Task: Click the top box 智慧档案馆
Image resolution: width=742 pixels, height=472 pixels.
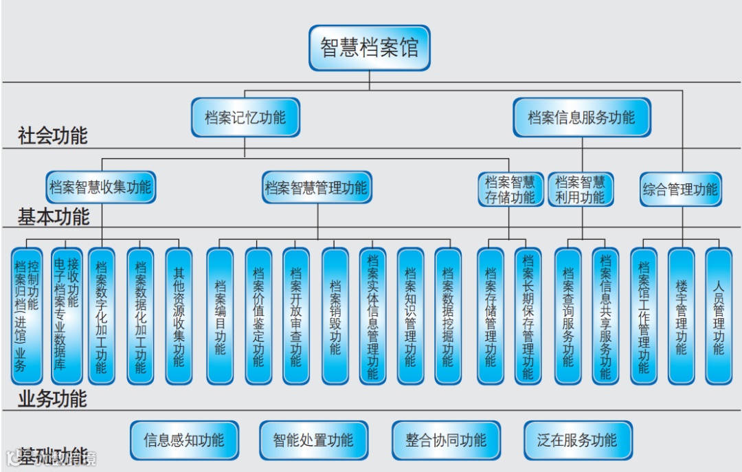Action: (369, 48)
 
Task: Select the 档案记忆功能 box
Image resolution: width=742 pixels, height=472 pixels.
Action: (245, 117)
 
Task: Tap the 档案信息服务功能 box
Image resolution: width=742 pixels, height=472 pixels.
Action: (581, 117)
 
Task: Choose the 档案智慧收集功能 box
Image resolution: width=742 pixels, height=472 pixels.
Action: (101, 187)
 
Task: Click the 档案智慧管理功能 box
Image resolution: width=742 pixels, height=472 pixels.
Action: (317, 187)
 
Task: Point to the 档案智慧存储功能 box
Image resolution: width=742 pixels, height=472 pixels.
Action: (510, 190)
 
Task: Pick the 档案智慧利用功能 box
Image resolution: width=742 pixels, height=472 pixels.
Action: (581, 190)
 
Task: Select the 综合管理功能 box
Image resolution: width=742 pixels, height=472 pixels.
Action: (681, 190)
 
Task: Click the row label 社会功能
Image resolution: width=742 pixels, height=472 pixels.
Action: (53, 136)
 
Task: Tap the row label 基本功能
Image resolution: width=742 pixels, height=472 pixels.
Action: (54, 217)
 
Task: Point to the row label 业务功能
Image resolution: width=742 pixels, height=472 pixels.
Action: (53, 398)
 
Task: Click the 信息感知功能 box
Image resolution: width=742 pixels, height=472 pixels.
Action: (184, 440)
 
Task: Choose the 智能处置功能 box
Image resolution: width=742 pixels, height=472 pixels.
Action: (313, 440)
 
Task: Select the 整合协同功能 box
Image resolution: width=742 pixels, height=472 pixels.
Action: (446, 440)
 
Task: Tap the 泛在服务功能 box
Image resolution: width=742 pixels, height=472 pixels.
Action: (577, 440)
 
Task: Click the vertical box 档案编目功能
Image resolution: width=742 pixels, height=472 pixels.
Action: (220, 316)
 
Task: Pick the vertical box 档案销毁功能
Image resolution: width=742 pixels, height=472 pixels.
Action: (335, 316)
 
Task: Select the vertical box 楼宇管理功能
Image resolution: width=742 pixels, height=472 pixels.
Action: (681, 316)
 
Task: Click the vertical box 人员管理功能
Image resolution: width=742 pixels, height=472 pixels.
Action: (718, 316)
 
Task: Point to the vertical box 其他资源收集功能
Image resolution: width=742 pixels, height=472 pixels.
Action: (179, 316)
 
